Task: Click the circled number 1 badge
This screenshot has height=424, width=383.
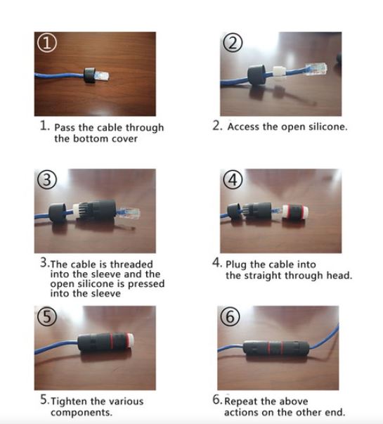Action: click(47, 44)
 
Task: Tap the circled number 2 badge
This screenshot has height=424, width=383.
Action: click(233, 43)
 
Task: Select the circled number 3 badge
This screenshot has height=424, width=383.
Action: click(47, 180)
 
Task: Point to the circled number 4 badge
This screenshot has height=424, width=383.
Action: click(233, 180)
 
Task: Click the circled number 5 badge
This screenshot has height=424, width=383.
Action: click(47, 316)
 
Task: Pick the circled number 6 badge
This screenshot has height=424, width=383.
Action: click(231, 316)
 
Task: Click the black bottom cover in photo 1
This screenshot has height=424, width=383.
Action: click(89, 75)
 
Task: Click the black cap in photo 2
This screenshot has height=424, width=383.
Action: click(257, 74)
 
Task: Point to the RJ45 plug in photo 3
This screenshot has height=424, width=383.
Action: click(129, 214)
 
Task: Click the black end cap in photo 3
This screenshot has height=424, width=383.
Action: click(58, 214)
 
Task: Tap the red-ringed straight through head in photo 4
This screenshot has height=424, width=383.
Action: click(295, 212)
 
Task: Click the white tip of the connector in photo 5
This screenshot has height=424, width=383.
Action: click(130, 341)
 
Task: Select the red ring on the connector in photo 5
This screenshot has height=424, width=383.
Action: click(110, 341)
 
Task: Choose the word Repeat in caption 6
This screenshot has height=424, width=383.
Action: click(241, 401)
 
